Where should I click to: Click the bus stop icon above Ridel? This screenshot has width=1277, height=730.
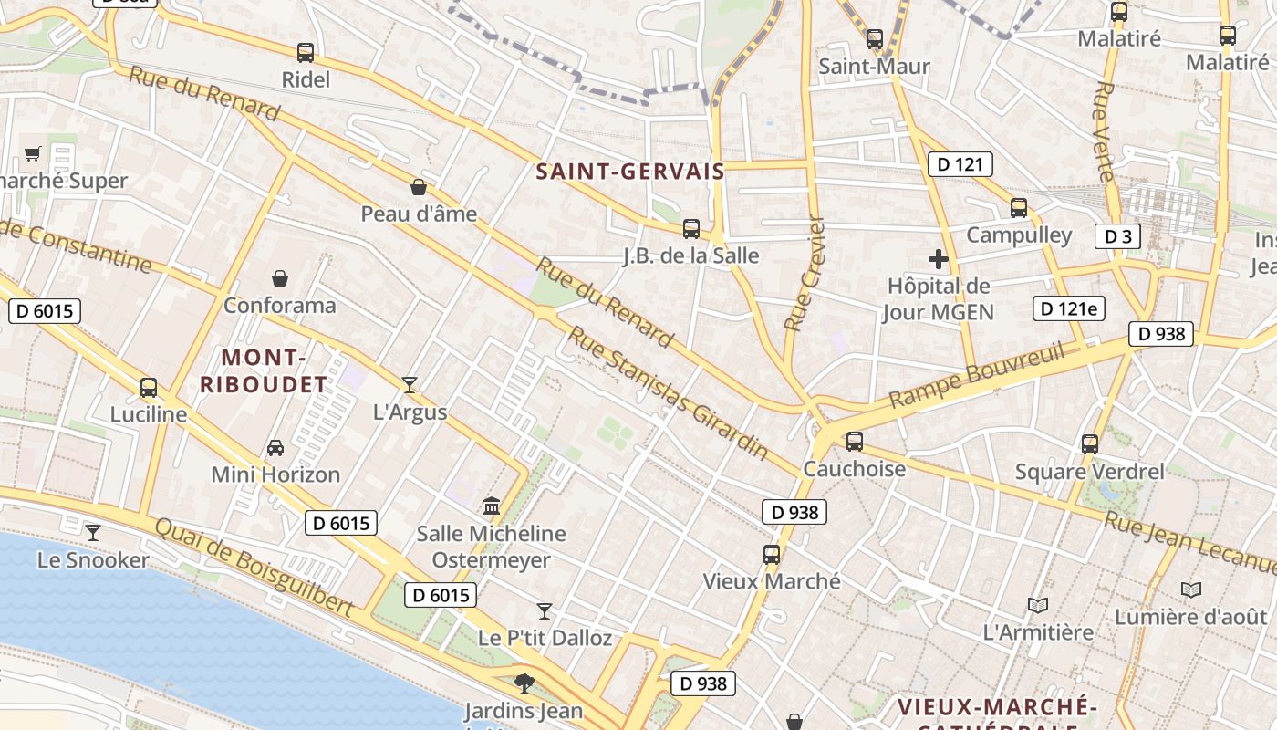[306, 53]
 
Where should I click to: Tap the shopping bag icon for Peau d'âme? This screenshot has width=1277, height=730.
[419, 187]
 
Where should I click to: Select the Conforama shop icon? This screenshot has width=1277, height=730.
[280, 278]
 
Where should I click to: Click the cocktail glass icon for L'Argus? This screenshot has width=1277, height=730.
[410, 385]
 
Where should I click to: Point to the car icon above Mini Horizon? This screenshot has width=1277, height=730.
[275, 448]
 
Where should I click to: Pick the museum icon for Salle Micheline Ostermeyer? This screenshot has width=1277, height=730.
[492, 506]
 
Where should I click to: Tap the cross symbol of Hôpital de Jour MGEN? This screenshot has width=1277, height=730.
[938, 259]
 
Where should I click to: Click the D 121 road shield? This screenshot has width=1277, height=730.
[960, 164]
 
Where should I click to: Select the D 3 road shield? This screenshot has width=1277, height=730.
[1117, 236]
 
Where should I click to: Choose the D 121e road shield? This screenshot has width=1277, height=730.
[1068, 308]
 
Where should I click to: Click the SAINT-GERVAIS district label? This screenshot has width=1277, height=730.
[629, 172]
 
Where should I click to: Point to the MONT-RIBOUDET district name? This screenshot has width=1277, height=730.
[263, 370]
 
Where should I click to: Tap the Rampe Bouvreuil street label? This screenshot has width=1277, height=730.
[977, 375]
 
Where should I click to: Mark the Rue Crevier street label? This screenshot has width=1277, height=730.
[804, 274]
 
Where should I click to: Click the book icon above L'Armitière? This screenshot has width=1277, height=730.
[1037, 605]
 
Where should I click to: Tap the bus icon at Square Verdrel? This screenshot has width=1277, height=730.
[1089, 444]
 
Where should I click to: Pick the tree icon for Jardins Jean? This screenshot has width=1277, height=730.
[524, 683]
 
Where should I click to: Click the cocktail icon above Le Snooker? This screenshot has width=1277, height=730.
[92, 532]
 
